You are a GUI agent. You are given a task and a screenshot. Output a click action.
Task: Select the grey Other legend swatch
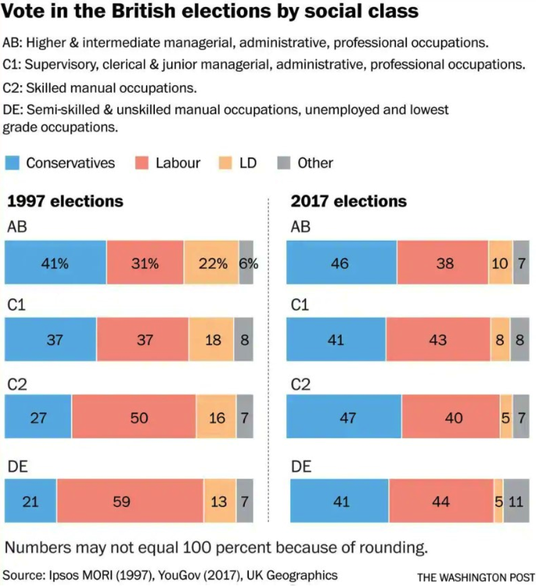click(283, 162)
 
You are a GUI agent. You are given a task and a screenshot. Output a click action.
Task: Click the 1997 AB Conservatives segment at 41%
click(55, 263)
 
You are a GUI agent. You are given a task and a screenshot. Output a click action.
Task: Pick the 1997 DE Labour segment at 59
click(130, 501)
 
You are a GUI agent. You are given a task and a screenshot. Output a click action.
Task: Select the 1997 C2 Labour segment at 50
click(134, 418)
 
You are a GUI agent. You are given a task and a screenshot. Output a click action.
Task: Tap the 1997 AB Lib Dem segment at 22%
click(211, 263)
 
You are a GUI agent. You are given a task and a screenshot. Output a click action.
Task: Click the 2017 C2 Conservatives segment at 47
click(346, 418)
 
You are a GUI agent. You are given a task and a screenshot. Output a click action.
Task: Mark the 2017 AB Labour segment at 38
click(443, 263)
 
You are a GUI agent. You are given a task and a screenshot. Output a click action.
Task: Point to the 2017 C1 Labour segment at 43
click(438, 339)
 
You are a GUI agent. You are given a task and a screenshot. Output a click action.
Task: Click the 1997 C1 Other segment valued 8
click(244, 339)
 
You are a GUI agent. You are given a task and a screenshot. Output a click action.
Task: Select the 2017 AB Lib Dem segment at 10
click(500, 263)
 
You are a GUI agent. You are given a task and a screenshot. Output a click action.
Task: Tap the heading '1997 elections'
click(65, 201)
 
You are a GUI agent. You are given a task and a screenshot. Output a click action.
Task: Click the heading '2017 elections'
click(349, 201)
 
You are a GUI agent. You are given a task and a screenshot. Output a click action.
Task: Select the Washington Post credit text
click(475, 577)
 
